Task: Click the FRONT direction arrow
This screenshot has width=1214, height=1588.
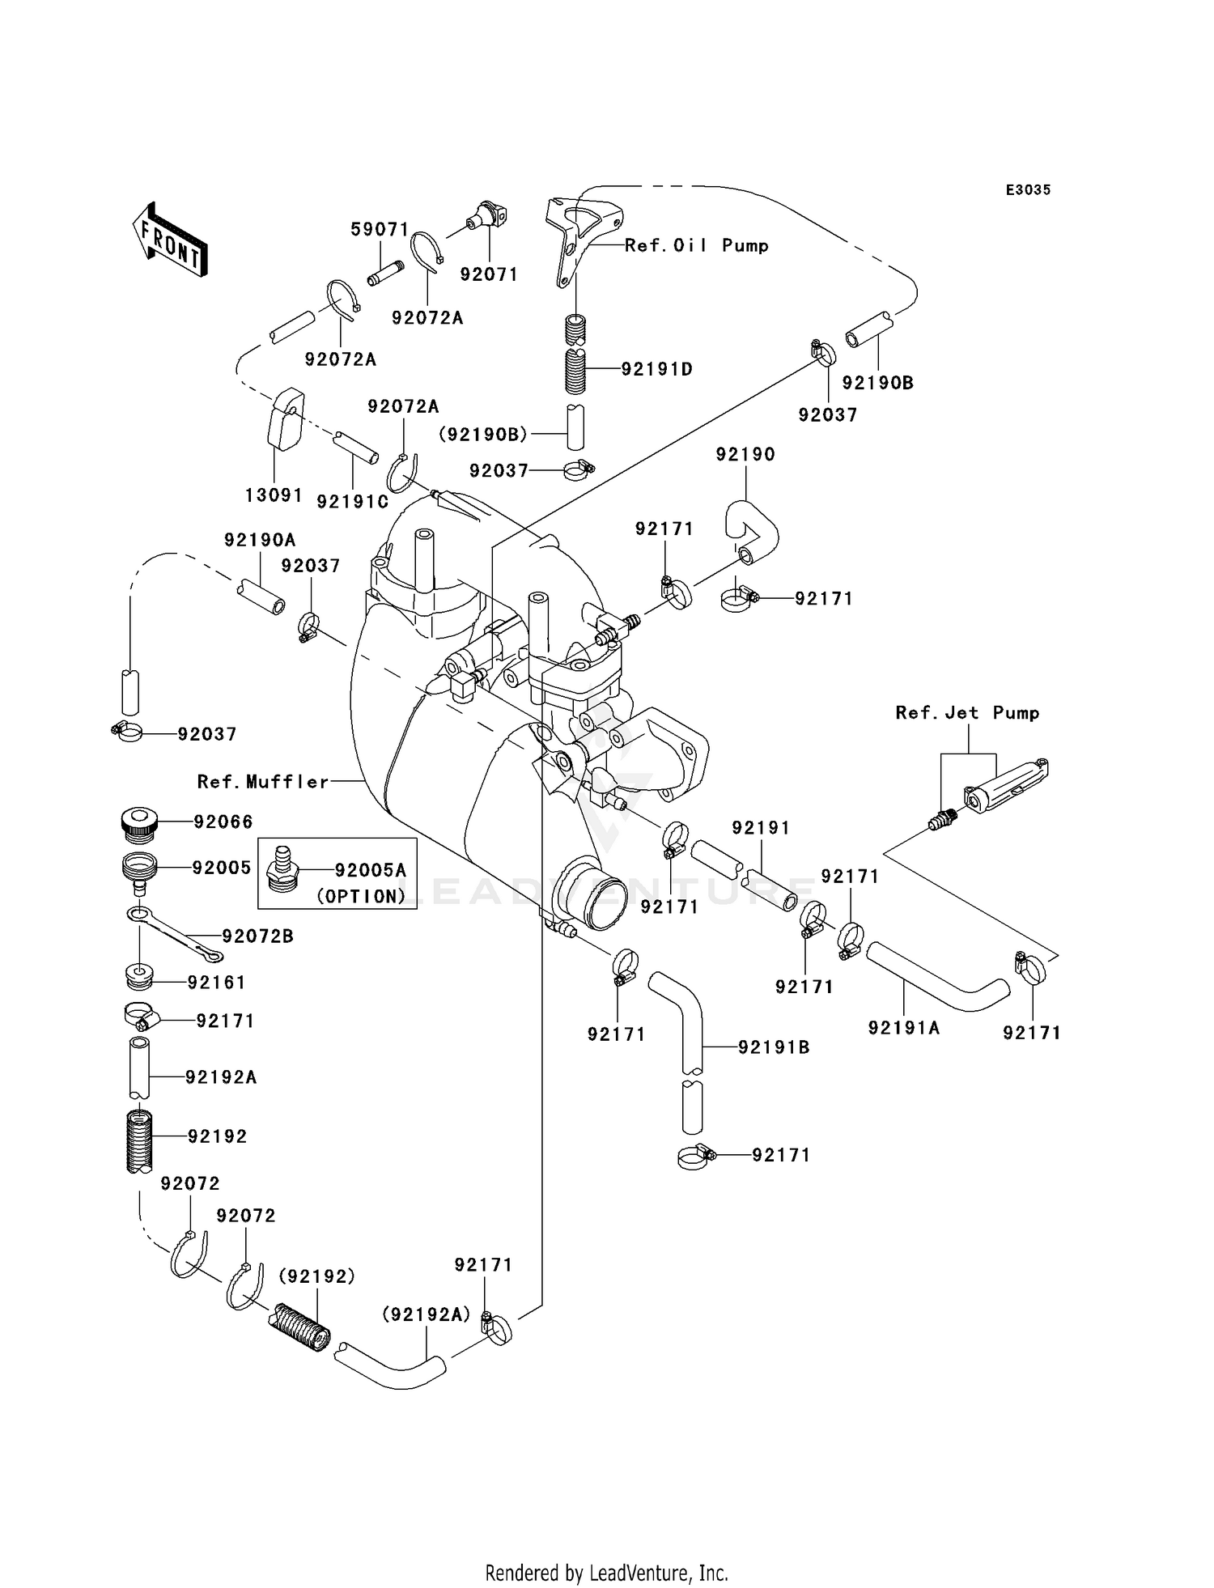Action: coord(169,240)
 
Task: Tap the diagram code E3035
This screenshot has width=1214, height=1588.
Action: coord(1028,190)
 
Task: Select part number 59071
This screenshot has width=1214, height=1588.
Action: coord(380,230)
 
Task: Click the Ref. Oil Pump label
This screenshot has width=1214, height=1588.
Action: coord(696,245)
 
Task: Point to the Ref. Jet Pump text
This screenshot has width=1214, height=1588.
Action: coord(967,712)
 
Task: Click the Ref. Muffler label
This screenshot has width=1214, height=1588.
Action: coord(264,782)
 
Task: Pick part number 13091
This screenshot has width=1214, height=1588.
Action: coord(274,495)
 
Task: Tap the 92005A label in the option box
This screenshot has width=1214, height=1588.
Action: coord(371,870)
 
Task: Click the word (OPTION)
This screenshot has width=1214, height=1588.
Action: coord(361,896)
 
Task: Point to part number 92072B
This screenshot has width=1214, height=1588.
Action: coord(257,936)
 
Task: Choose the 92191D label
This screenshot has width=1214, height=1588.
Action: coord(657,369)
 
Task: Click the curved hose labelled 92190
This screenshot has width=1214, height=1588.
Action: coord(751,532)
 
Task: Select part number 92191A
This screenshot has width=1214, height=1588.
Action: coord(904,1028)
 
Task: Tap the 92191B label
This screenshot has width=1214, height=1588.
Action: coord(774,1047)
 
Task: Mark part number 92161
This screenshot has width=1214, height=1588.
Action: coord(216,982)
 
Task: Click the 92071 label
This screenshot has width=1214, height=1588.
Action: coord(489,274)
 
